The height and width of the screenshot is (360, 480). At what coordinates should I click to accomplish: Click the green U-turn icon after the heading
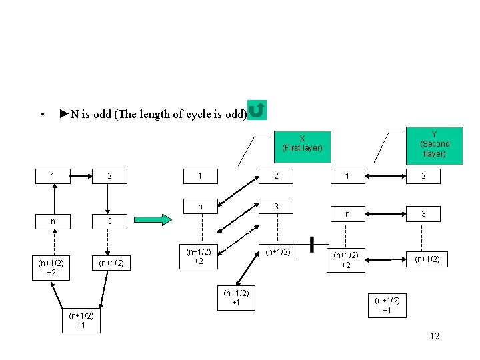coord(257,110)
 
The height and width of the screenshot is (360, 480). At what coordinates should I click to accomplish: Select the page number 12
coord(434,336)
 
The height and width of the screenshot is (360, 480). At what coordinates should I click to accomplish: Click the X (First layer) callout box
coord(302,143)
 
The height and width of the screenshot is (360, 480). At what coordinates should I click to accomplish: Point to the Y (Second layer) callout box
coord(434,143)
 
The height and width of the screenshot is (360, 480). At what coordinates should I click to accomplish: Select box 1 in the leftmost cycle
coord(53,177)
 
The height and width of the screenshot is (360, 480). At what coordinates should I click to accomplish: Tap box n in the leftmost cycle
coord(53,220)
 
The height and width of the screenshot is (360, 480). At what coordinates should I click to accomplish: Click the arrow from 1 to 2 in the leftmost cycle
coord(81,177)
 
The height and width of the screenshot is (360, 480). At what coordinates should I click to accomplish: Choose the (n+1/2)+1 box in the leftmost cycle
coord(81,320)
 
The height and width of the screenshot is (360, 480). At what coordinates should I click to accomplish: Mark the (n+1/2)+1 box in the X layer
coord(235,298)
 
